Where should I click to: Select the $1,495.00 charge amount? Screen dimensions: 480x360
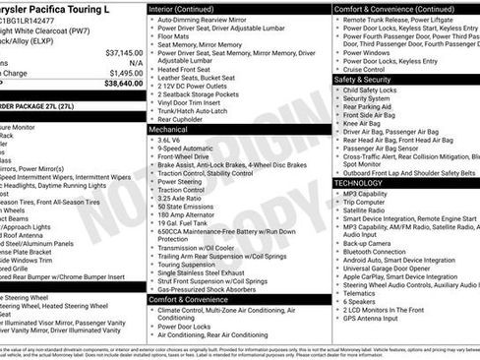coord(125,73)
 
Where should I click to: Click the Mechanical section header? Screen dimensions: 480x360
coord(168,128)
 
